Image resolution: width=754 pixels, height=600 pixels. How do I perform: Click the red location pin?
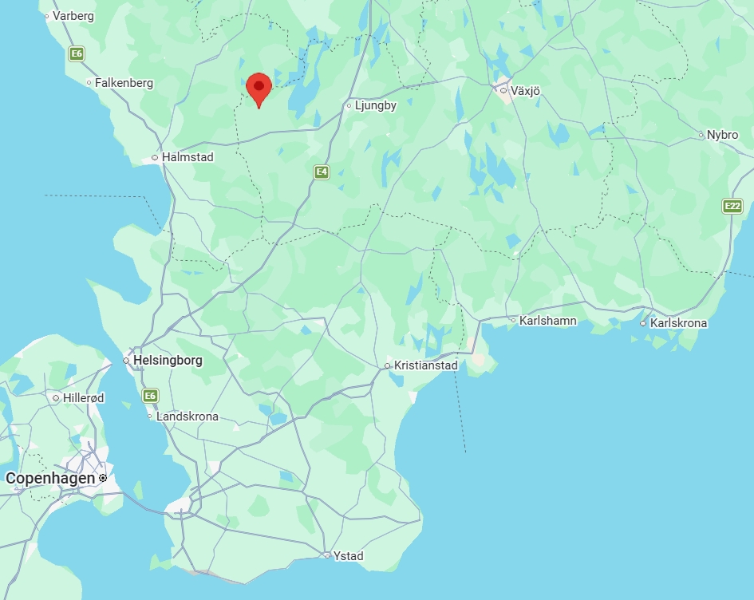259,87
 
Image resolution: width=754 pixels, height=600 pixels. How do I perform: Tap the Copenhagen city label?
49,478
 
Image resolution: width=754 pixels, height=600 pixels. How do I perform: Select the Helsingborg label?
168,360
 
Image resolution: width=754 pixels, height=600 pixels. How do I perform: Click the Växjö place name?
525,91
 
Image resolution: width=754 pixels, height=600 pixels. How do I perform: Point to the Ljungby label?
376,105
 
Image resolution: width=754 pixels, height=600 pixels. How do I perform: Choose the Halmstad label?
188,157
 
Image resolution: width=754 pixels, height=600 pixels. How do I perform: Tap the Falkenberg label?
124,82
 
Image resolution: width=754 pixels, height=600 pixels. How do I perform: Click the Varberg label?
73,15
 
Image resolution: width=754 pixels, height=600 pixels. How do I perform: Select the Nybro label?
722,135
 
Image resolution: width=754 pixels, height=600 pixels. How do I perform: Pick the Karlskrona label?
678,323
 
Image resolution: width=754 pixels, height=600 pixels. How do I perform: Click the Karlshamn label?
547,321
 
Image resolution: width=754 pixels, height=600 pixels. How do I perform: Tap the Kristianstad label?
426,365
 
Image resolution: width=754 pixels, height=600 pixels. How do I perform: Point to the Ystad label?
349,555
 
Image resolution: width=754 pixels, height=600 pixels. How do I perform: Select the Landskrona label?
187,416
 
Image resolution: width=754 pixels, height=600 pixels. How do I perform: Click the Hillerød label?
83,397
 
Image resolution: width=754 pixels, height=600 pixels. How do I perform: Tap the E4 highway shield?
321,172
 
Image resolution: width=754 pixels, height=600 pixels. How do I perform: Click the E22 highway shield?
732,206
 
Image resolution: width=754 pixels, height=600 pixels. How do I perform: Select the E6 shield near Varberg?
77,54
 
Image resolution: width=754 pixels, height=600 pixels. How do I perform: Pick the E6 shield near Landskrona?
150,396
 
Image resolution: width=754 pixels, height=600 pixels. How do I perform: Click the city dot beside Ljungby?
349,105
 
